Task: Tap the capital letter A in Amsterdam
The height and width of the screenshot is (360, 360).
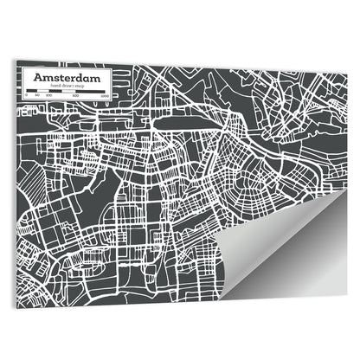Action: pos(37,78)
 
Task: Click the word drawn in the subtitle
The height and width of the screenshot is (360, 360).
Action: pos(60,87)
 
